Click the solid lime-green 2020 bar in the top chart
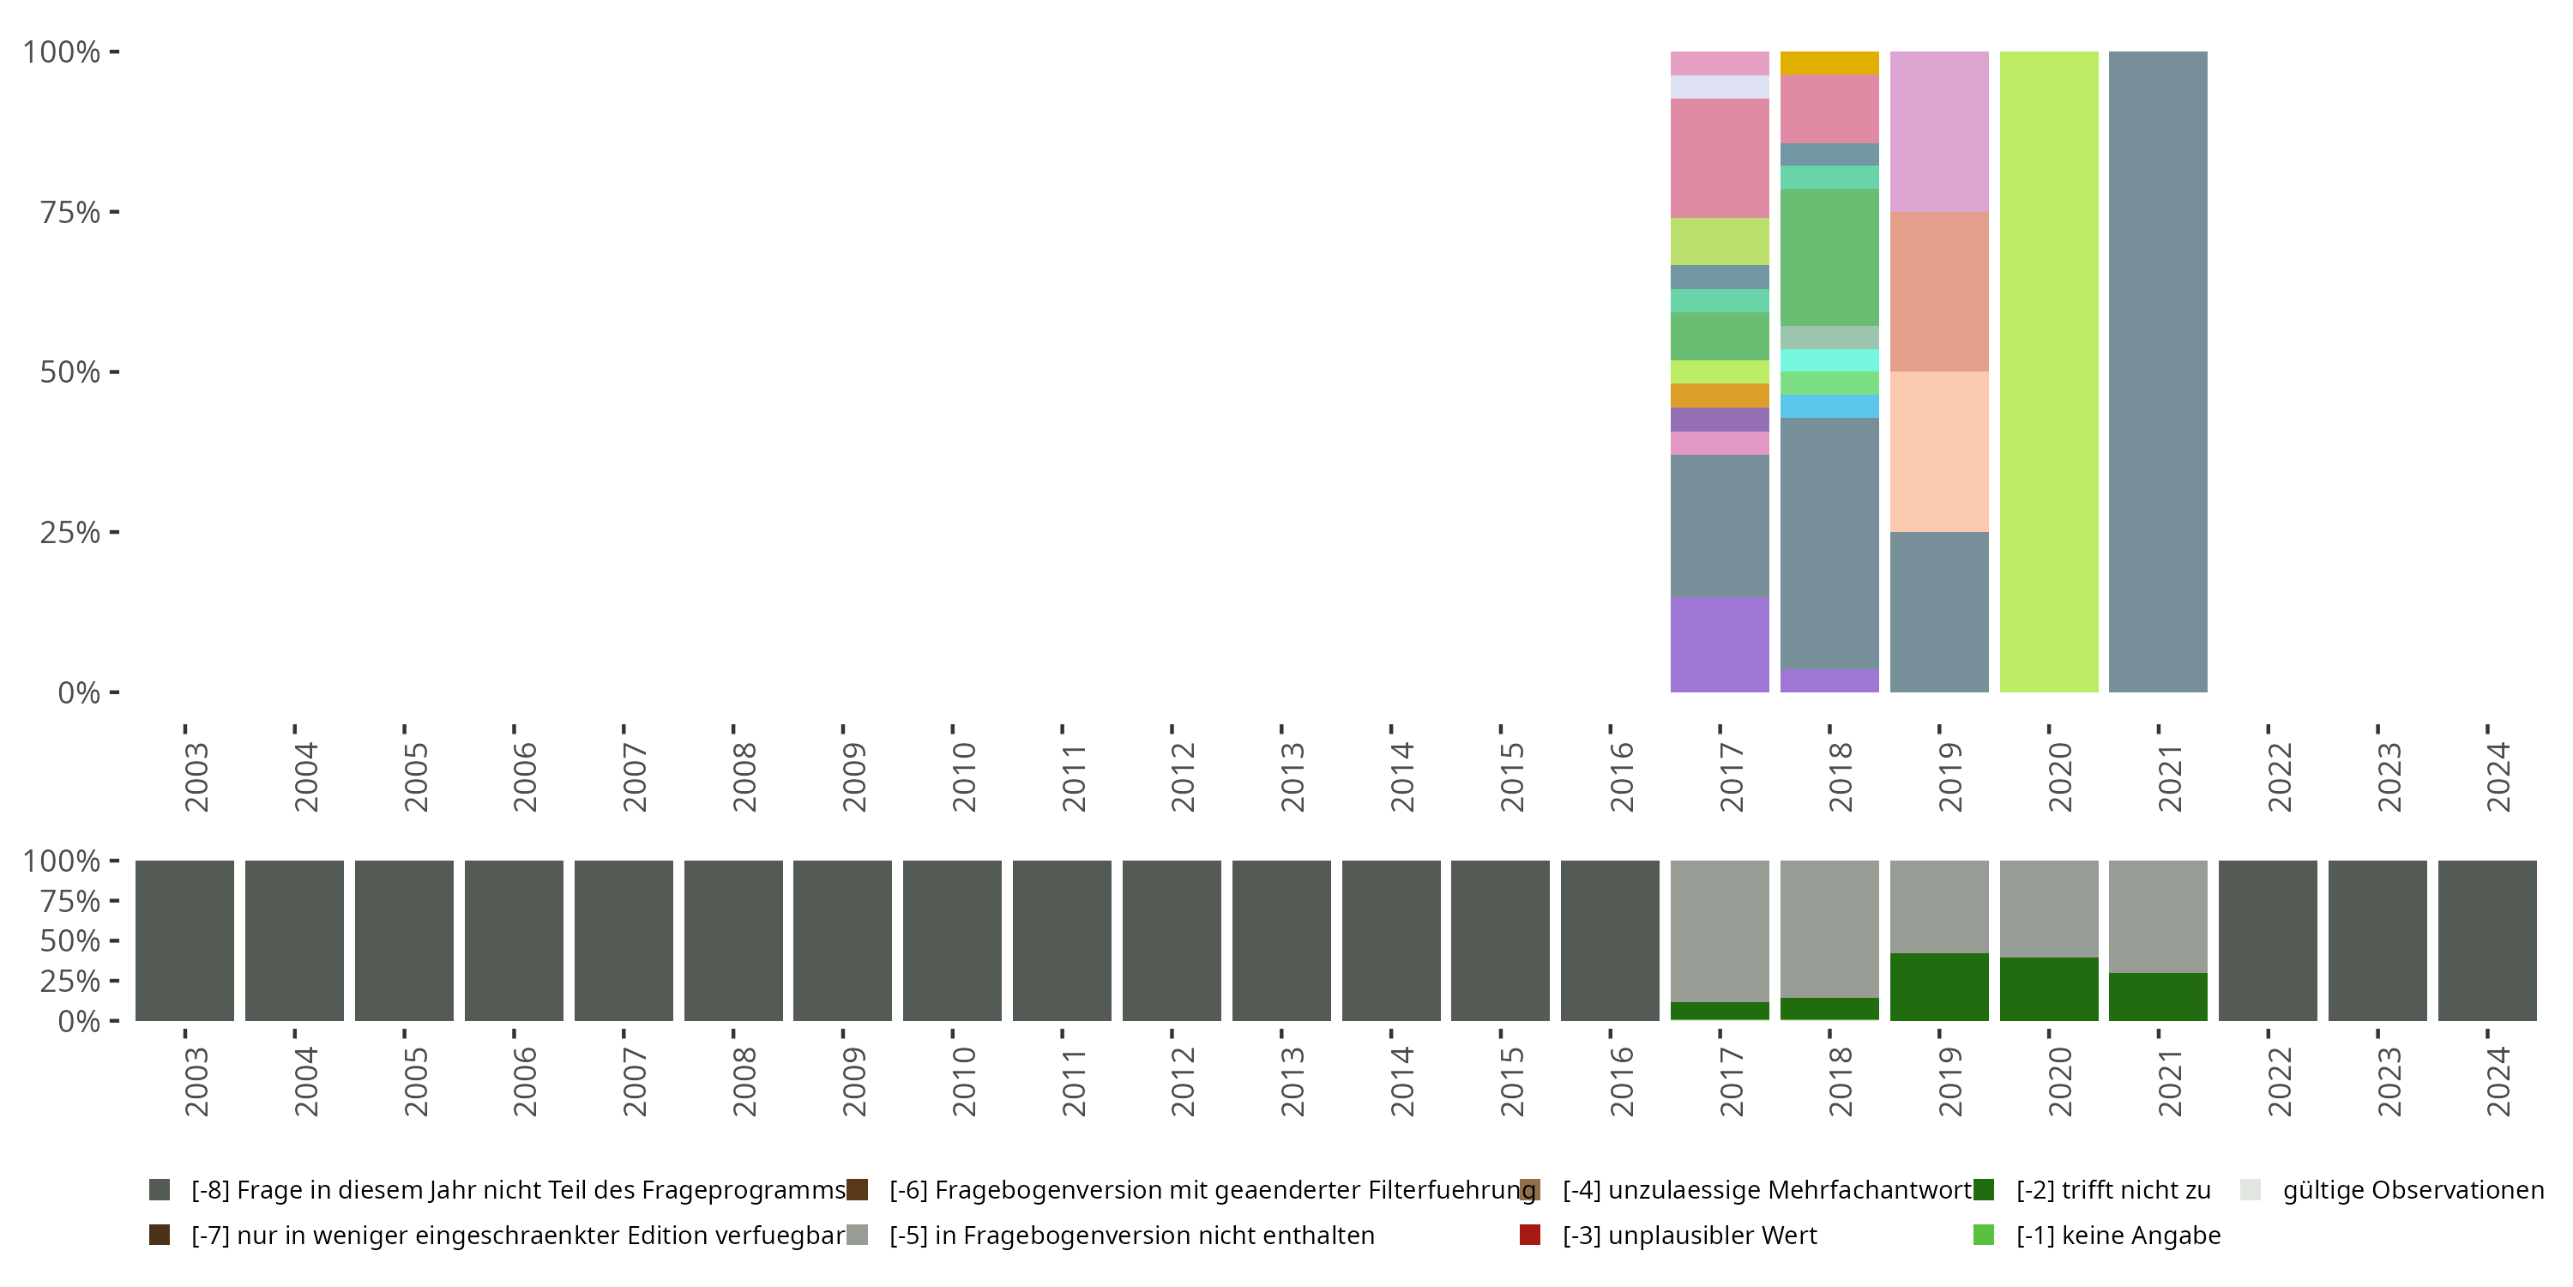click(x=2049, y=372)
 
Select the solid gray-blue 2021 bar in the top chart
click(x=2158, y=372)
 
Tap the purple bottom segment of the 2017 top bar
click(x=1719, y=644)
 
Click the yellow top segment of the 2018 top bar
click(x=1829, y=63)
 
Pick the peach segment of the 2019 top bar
click(x=1938, y=451)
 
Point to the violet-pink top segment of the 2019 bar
click(x=1938, y=131)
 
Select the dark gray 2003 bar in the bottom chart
click(x=184, y=940)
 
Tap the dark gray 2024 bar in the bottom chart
click(x=2487, y=940)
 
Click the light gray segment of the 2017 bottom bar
click(x=1719, y=930)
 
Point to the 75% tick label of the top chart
click(x=70, y=212)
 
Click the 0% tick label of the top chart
click(x=79, y=692)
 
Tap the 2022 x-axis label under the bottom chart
click(x=2278, y=1081)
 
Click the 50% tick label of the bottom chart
click(x=70, y=941)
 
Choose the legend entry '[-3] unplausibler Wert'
click(x=1689, y=1235)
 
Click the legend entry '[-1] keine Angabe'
click(x=2118, y=1235)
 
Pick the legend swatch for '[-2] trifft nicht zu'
click(x=1984, y=1190)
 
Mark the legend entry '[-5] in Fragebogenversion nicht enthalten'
click(x=1131, y=1235)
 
